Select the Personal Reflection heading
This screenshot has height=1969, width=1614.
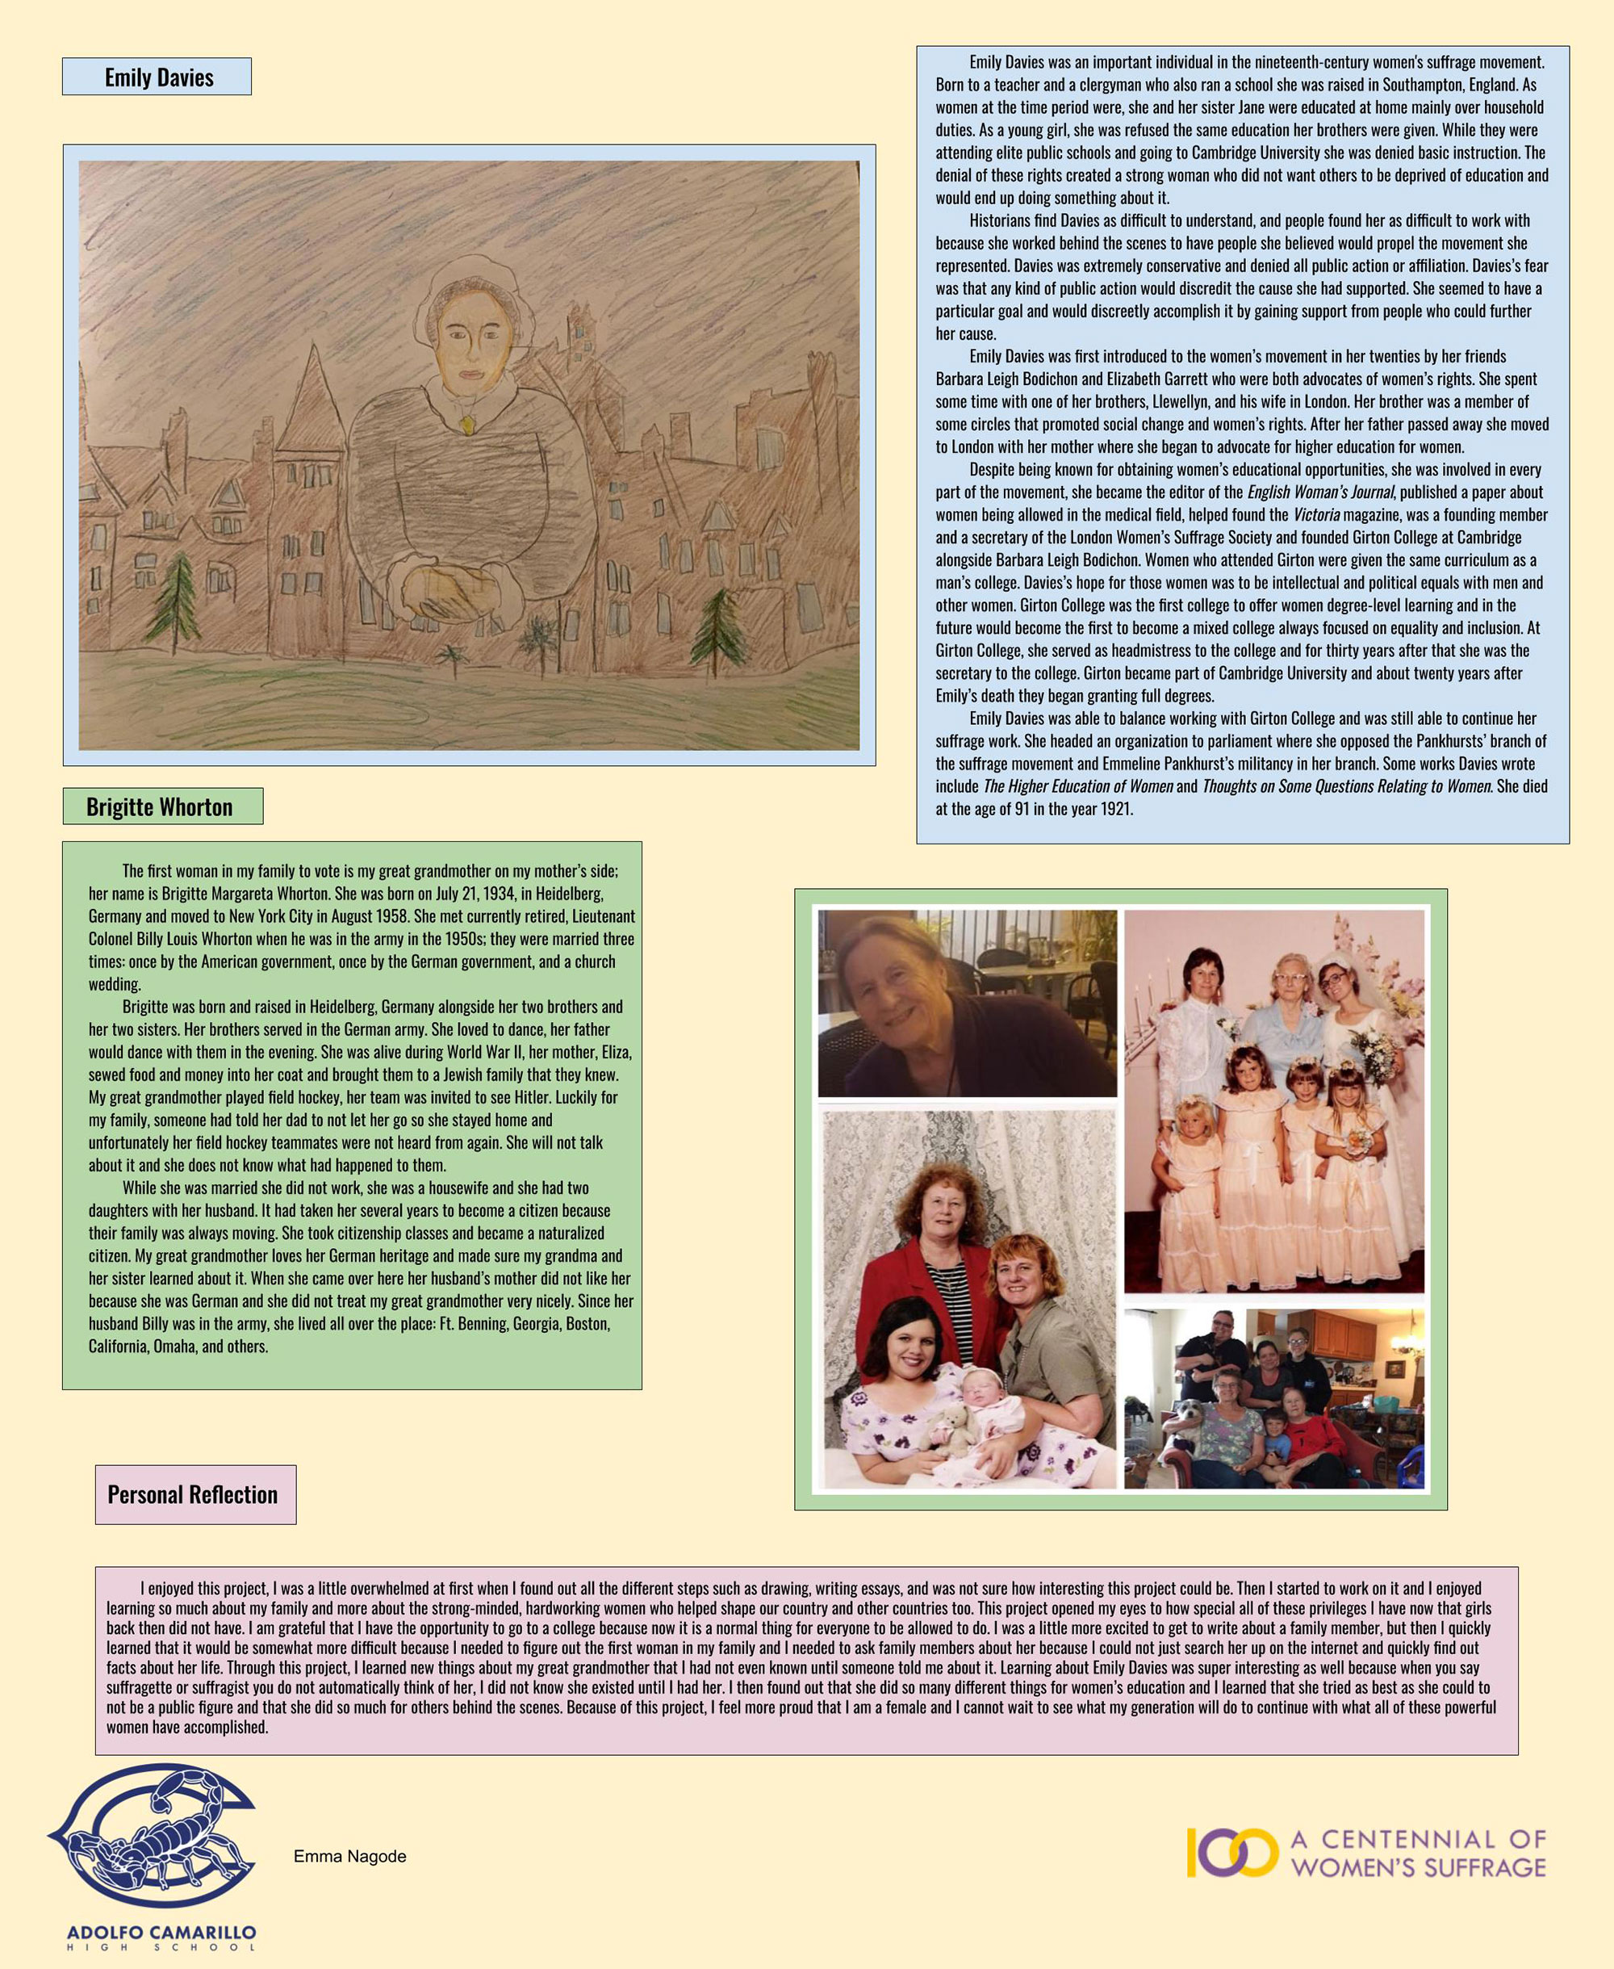[194, 1494]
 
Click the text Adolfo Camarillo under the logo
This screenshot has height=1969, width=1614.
[161, 1932]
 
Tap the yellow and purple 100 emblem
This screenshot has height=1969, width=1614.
[1231, 1852]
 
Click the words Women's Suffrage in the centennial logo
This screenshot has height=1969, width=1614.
[1419, 1866]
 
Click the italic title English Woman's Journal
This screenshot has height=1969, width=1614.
[1319, 492]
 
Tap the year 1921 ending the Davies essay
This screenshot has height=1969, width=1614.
[1115, 808]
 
